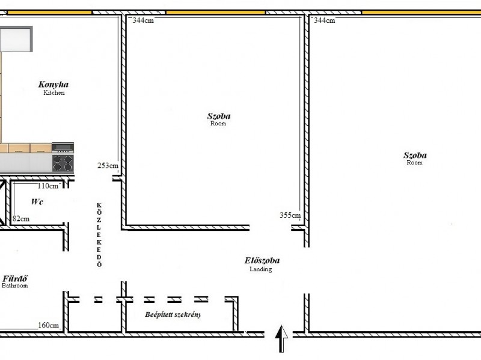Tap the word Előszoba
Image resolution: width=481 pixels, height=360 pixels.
pyautogui.click(x=262, y=260)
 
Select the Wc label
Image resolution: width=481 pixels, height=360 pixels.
pyautogui.click(x=37, y=202)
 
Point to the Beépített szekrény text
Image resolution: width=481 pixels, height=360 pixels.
pyautogui.click(x=173, y=314)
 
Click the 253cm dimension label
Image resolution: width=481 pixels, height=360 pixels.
pyautogui.click(x=108, y=166)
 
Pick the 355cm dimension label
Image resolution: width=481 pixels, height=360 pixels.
pyautogui.click(x=290, y=215)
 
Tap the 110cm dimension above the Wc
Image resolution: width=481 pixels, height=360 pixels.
pyautogui.click(x=48, y=186)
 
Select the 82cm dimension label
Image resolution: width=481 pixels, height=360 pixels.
pyautogui.click(x=21, y=218)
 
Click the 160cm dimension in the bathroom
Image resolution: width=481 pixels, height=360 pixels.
pyautogui.click(x=49, y=325)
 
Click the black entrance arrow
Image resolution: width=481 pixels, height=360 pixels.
pyautogui.click(x=281, y=338)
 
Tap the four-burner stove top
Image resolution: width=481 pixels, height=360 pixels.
pyautogui.click(x=63, y=163)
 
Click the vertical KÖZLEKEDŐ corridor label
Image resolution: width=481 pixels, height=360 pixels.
pyautogui.click(x=99, y=235)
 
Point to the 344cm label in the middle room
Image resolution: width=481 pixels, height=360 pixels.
pyautogui.click(x=143, y=20)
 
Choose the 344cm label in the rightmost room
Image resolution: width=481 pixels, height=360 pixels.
pyautogui.click(x=324, y=20)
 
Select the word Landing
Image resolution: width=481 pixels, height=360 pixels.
pyautogui.click(x=261, y=269)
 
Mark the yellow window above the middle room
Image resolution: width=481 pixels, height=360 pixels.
pyautogui.click(x=216, y=12)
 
